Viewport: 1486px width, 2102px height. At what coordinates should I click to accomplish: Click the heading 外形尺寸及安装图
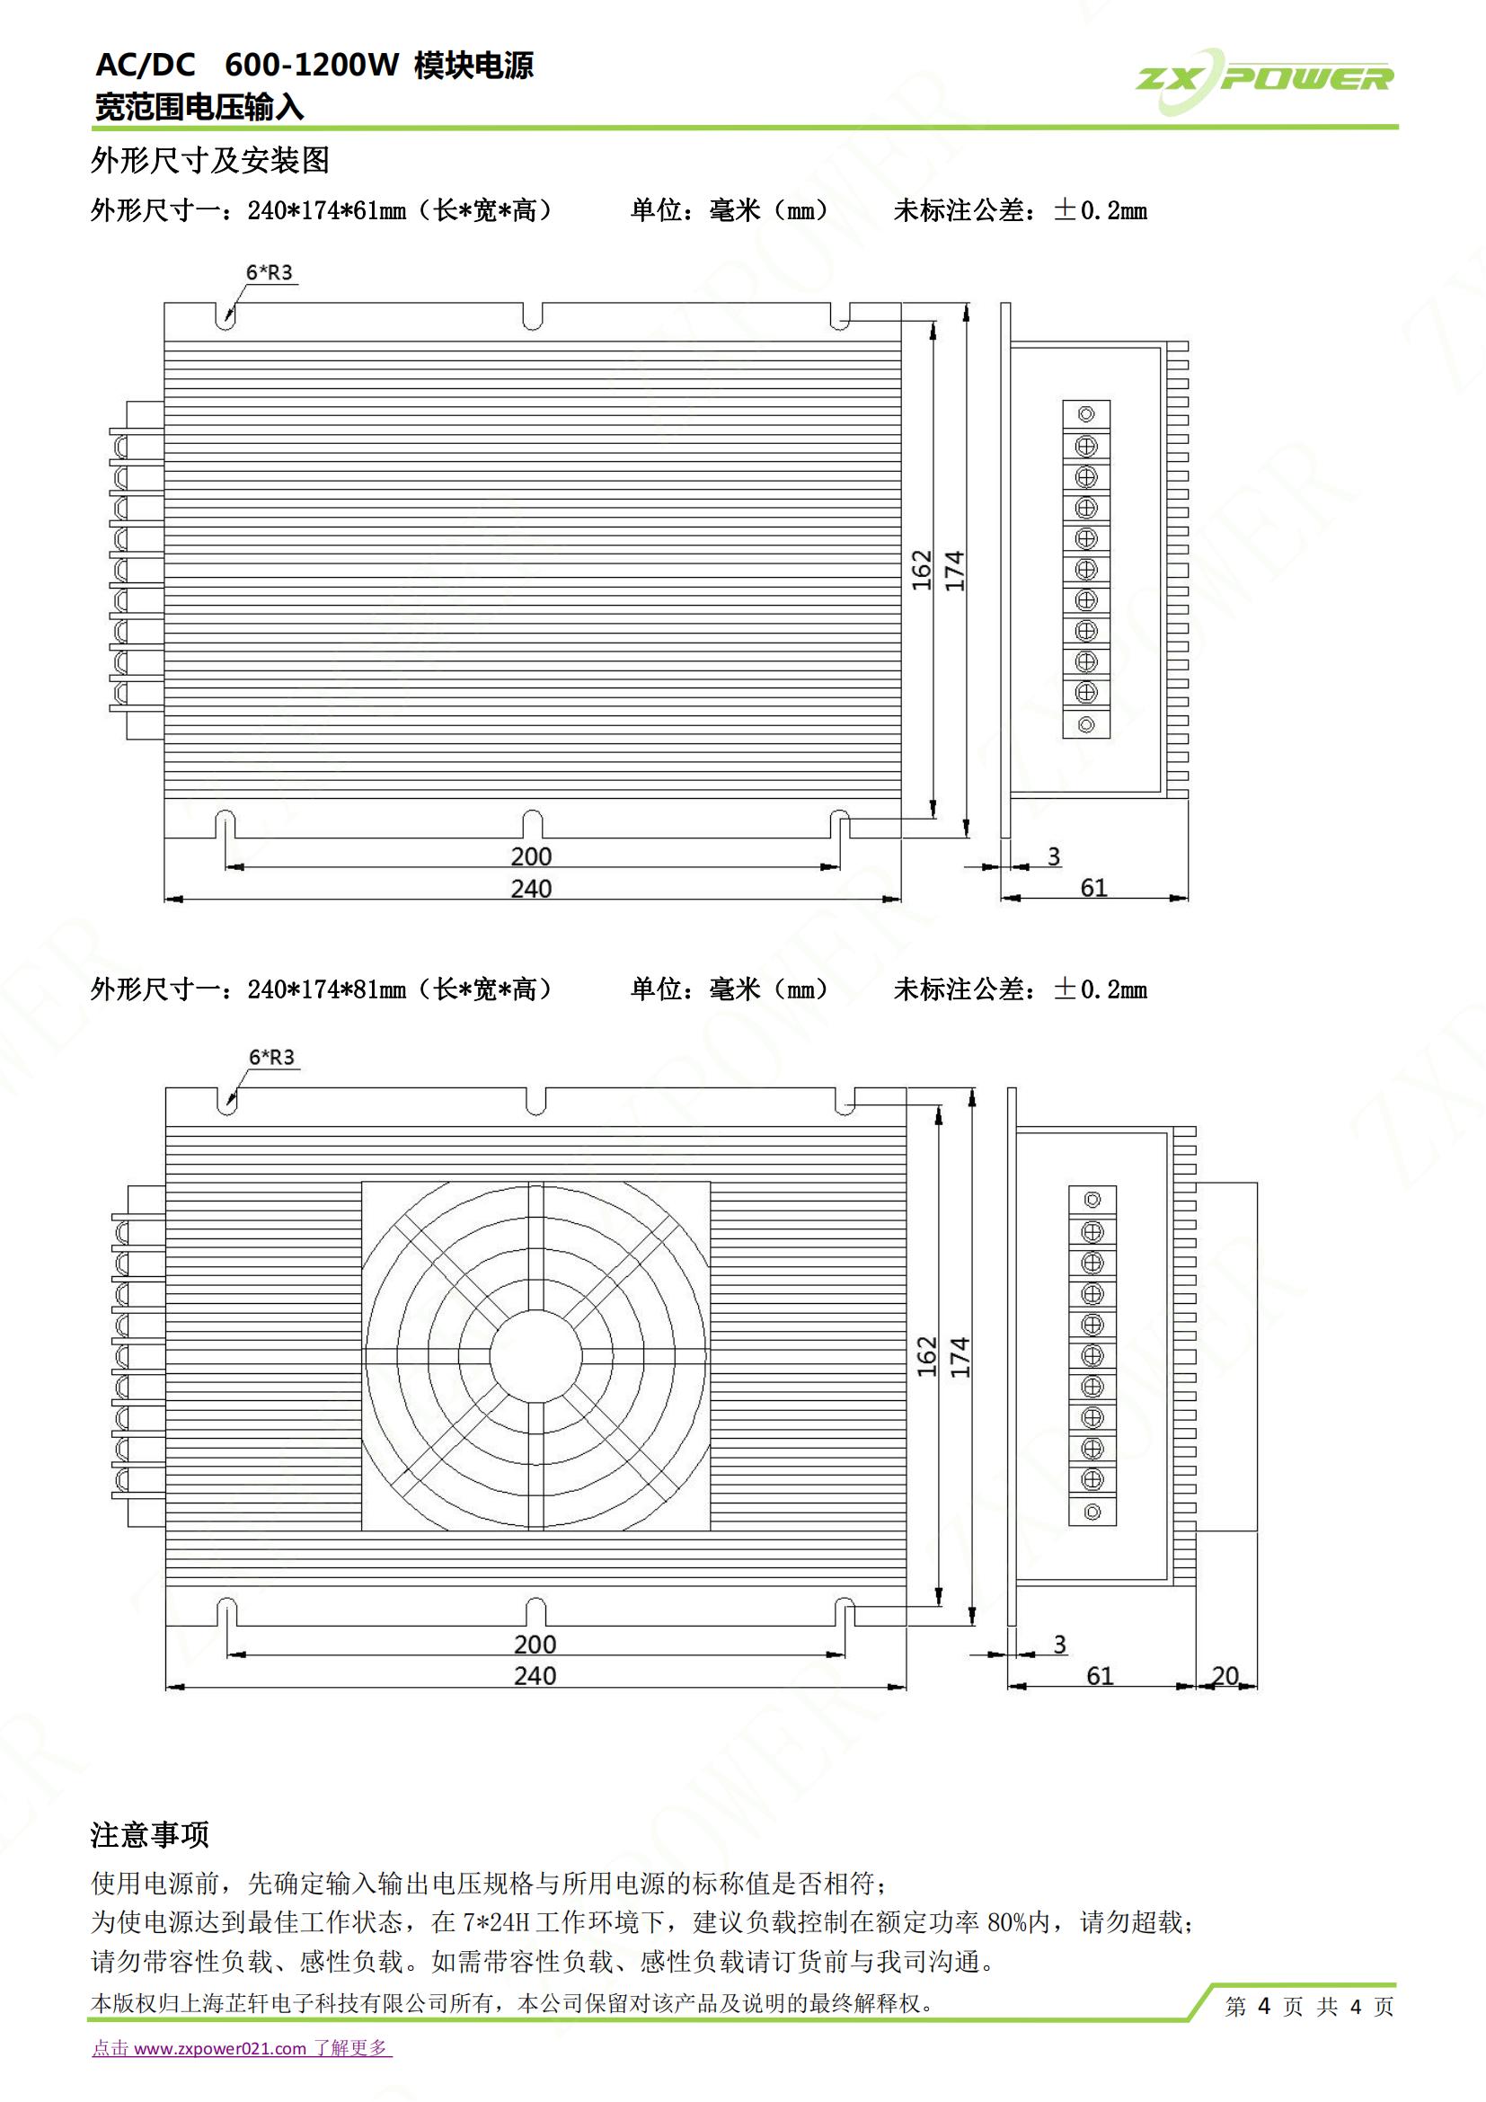tap(209, 160)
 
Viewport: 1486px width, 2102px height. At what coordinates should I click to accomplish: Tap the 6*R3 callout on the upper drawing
tap(269, 272)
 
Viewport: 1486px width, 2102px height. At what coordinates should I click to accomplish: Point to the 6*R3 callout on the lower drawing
tap(271, 1058)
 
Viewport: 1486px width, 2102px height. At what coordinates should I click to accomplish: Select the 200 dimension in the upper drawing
tap(531, 856)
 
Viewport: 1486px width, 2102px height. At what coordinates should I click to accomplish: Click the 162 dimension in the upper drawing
tap(922, 570)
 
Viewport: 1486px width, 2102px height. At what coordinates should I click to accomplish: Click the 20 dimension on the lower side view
tap(1225, 1674)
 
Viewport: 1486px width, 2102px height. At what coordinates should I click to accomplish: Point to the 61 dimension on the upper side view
tap(1093, 887)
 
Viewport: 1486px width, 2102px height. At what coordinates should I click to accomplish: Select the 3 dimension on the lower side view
tap(1059, 1645)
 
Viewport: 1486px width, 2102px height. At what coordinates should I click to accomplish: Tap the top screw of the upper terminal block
tap(1086, 414)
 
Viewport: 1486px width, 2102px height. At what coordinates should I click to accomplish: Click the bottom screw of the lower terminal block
tap(1092, 1512)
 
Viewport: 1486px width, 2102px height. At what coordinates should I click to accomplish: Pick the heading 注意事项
tap(150, 1834)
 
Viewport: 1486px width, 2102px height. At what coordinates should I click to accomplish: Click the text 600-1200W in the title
tap(312, 65)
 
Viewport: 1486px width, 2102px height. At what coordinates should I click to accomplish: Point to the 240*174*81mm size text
tap(327, 989)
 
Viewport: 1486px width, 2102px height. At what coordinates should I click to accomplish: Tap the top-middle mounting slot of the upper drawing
tap(533, 315)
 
